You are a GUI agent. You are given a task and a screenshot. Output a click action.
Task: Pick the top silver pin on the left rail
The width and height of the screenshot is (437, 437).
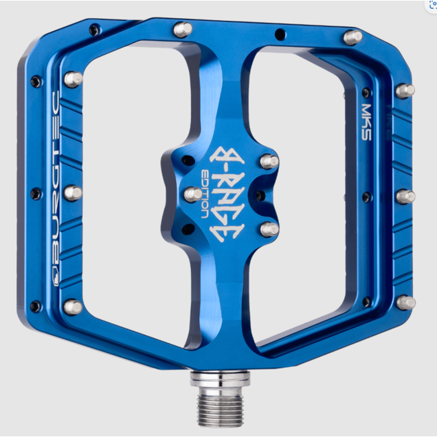pyautogui.click(x=73, y=79)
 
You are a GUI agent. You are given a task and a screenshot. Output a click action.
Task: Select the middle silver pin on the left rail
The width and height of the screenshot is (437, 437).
pyautogui.click(x=73, y=193)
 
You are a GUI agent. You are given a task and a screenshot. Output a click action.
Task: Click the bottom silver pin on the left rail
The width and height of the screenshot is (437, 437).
pyautogui.click(x=72, y=307)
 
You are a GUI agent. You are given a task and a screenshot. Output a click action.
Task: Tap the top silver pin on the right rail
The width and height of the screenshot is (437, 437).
pyautogui.click(x=404, y=90)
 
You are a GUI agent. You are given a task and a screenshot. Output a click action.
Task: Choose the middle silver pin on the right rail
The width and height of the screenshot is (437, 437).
pyautogui.click(x=405, y=196)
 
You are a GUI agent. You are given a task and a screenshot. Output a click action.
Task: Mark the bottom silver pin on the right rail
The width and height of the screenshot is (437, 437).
pyautogui.click(x=405, y=303)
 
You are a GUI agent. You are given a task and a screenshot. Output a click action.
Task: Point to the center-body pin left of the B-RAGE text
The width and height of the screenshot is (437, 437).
pyautogui.click(x=193, y=194)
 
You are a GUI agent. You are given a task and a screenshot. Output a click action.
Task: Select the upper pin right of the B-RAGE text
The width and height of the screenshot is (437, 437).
pyautogui.click(x=269, y=161)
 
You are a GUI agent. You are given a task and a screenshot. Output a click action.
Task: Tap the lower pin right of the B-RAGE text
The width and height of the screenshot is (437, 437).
pyautogui.click(x=269, y=229)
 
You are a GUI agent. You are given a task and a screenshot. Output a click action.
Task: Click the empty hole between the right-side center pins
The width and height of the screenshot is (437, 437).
pyautogui.click(x=259, y=196)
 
